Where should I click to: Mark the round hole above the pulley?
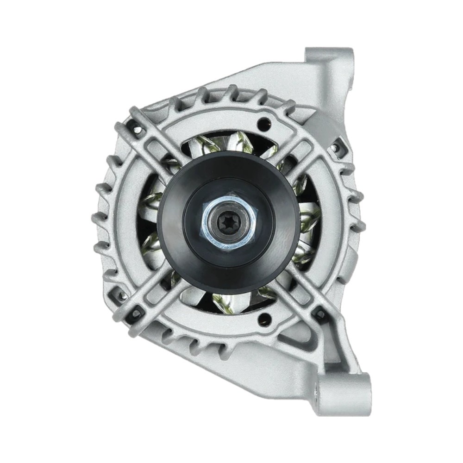264,122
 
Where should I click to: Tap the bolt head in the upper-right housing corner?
334,148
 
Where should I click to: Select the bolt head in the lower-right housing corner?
319,314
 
